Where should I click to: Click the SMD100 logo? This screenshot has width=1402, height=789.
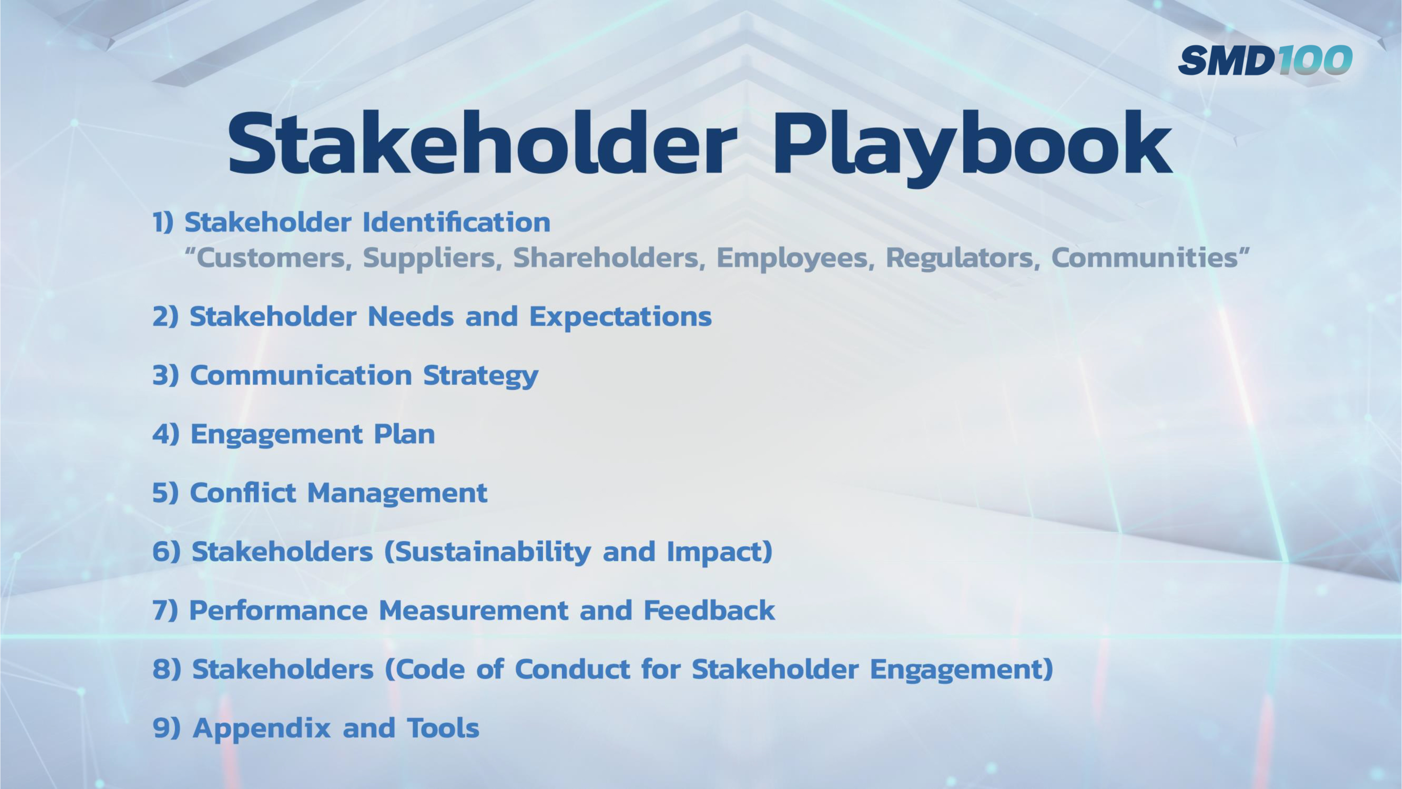click(x=1265, y=60)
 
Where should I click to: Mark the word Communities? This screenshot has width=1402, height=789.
click(x=1146, y=258)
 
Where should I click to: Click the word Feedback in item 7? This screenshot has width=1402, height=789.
click(x=709, y=611)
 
